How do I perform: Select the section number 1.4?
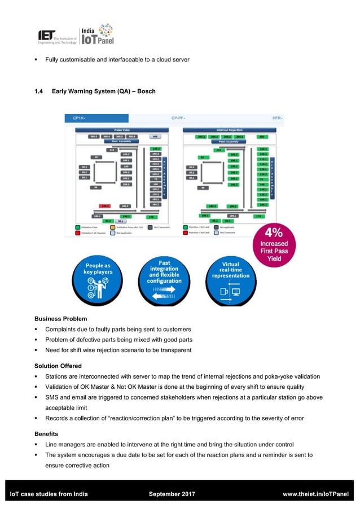click(39, 91)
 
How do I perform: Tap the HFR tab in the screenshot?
click(276, 118)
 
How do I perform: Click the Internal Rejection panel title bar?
click(228, 129)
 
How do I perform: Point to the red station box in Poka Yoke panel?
click(105, 206)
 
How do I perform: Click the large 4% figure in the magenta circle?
click(274, 232)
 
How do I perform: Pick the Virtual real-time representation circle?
click(230, 280)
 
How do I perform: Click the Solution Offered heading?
click(58, 366)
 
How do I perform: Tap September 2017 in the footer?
click(172, 494)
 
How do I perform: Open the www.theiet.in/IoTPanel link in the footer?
click(315, 494)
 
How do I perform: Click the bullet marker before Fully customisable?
click(36, 60)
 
